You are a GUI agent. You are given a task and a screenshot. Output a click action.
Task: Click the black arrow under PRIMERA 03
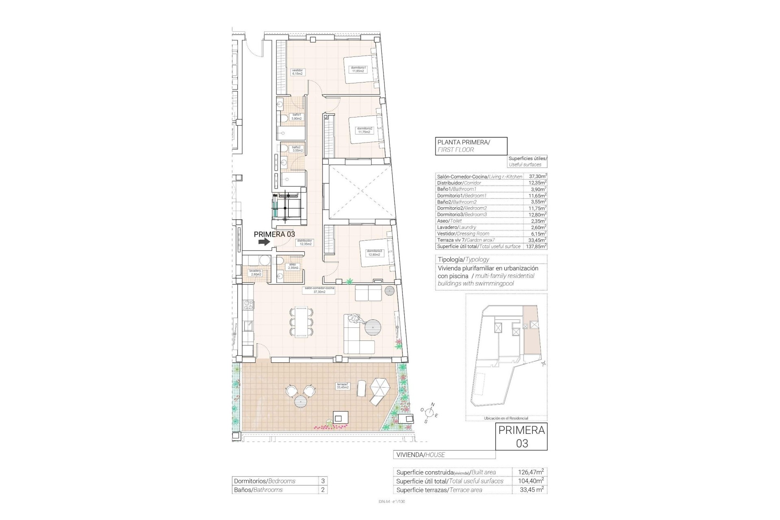pos(264,242)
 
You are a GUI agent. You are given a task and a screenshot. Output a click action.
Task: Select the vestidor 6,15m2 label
pos(297,72)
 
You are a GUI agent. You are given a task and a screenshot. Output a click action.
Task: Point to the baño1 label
pos(297,117)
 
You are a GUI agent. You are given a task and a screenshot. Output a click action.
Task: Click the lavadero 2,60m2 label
pos(255,273)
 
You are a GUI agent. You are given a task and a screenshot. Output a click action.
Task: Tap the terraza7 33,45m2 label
pos(342,386)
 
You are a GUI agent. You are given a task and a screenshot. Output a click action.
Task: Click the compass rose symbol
pos(430,413)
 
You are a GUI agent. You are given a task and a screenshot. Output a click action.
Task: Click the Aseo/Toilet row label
pos(449,221)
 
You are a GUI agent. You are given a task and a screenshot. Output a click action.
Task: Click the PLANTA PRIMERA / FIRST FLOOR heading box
pos(471,146)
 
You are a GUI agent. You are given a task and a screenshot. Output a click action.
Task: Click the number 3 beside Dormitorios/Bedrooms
pos(323,481)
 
